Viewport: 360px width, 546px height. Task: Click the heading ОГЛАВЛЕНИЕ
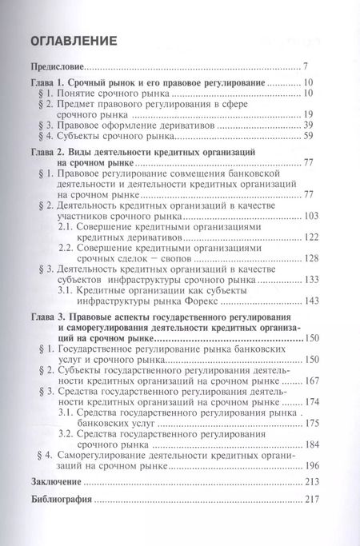click(x=73, y=41)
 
